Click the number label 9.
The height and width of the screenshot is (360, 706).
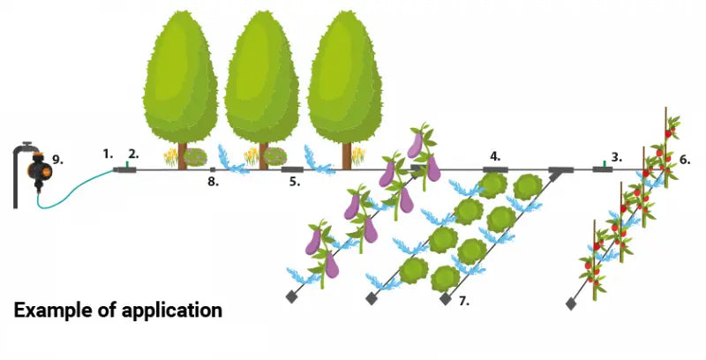pos(58,160)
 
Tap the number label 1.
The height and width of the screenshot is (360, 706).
pos(109,153)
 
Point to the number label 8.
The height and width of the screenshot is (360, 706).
pos(211,182)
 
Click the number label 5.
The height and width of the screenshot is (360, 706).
pos(295,182)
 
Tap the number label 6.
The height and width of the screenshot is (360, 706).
pos(686,160)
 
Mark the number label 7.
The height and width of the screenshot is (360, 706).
pos(464,301)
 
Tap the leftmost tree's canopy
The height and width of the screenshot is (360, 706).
pos(180,75)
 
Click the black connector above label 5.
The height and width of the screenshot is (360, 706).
pos(292,168)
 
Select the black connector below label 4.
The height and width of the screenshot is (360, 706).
pos(495,168)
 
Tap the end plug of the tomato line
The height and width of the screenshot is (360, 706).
pos(571,304)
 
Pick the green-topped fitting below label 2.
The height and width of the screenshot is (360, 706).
pos(129,167)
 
